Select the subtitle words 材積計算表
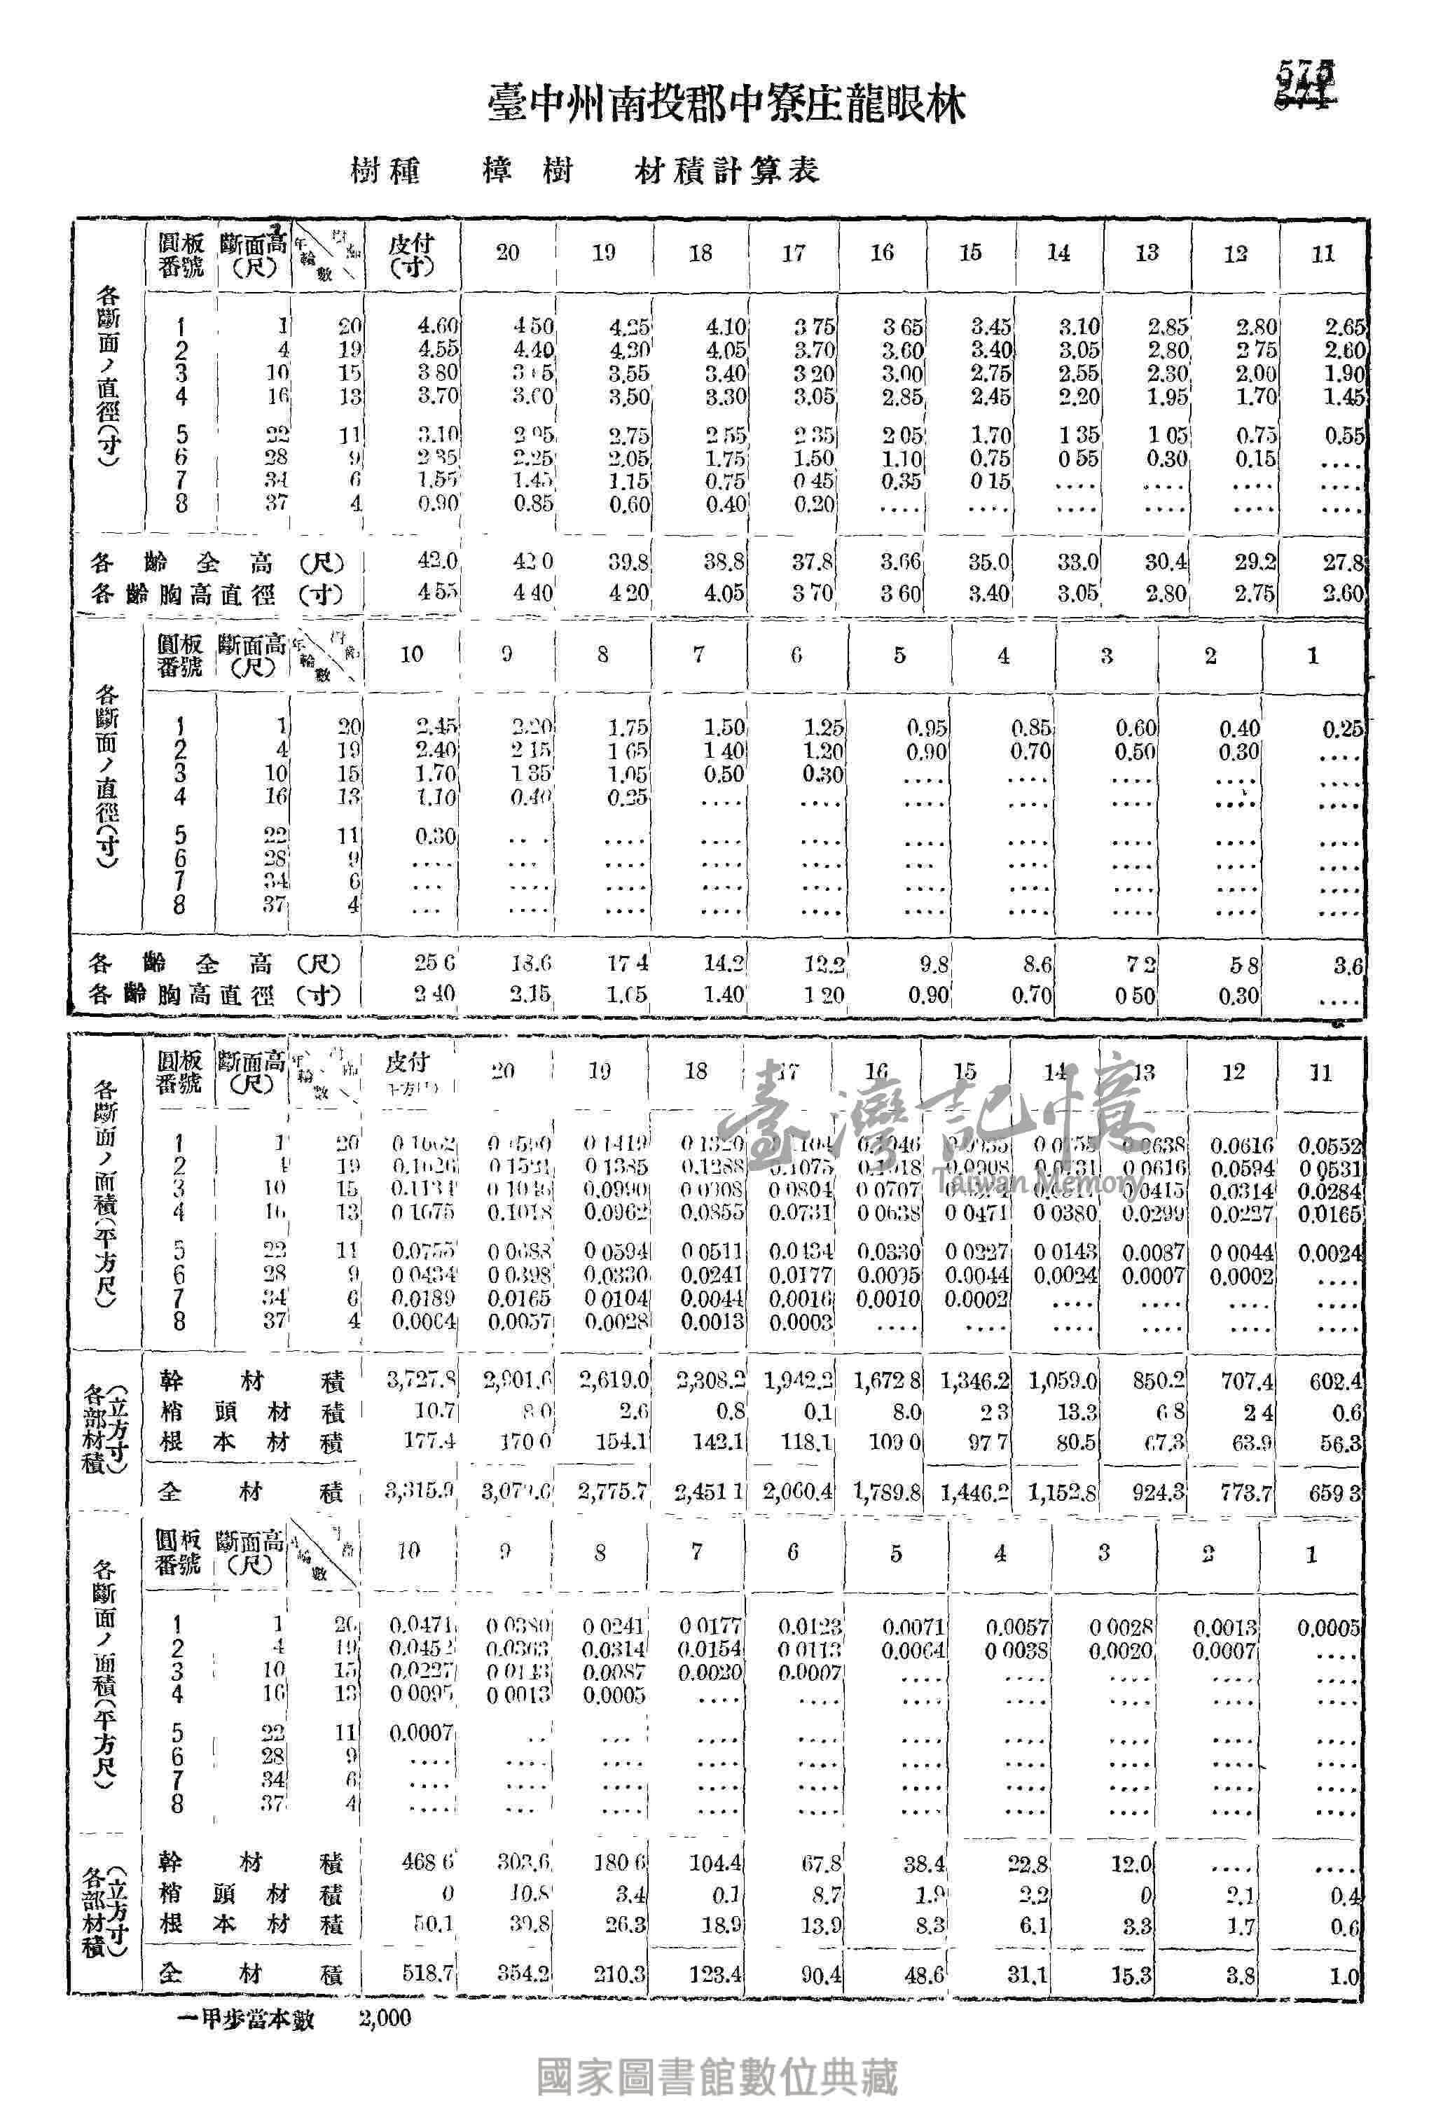click(726, 171)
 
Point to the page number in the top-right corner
click(1306, 84)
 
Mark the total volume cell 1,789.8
click(888, 1492)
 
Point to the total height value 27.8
click(1343, 563)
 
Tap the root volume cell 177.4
click(429, 1441)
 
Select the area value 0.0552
click(1330, 1146)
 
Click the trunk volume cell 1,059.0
click(1063, 1381)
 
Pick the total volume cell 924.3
click(1159, 1492)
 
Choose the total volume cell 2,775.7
click(613, 1492)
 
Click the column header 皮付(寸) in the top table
click(411, 254)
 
